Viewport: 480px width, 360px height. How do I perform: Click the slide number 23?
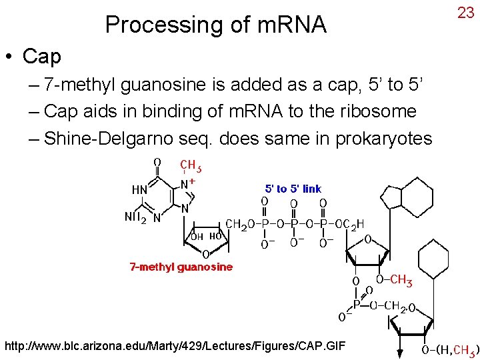coord(465,12)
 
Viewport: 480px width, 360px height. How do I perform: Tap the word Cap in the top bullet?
coord(41,57)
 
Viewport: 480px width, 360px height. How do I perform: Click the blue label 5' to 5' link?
coord(293,189)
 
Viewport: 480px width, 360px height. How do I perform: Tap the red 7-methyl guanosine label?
coord(181,267)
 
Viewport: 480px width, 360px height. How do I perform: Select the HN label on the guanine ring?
coord(139,190)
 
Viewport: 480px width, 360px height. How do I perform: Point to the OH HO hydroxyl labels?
coord(206,236)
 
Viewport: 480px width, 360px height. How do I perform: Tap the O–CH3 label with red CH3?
coord(394,280)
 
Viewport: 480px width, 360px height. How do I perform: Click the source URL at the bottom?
coord(176,346)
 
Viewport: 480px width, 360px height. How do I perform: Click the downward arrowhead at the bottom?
coord(400,353)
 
